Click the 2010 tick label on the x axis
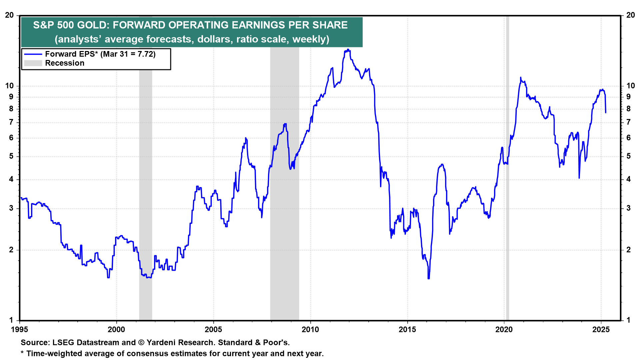click(310, 330)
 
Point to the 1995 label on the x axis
click(19, 330)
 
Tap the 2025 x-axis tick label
click(601, 330)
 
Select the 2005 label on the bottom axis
click(213, 330)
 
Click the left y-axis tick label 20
click(9, 15)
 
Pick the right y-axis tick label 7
click(628, 122)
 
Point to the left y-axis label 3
click(12, 208)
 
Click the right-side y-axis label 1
click(628, 320)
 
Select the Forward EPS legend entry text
click(100, 54)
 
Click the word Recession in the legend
click(65, 63)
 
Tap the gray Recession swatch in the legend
click(33, 63)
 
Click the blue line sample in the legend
click(33, 54)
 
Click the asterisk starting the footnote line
click(22, 353)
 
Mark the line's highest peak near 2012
click(348, 50)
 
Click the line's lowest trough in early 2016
click(429, 278)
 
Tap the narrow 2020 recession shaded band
click(507, 167)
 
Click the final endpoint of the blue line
click(606, 113)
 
